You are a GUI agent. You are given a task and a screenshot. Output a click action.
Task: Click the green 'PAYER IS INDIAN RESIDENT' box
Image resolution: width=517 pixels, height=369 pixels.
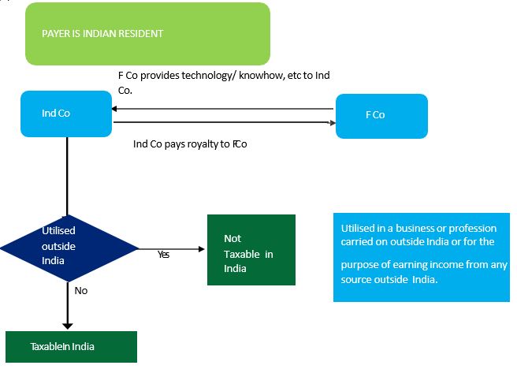click(x=147, y=34)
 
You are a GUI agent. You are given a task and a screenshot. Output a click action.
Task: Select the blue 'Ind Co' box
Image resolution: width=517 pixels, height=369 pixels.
click(x=65, y=114)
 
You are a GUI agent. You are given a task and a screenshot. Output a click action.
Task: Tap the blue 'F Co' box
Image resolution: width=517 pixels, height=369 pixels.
click(x=381, y=115)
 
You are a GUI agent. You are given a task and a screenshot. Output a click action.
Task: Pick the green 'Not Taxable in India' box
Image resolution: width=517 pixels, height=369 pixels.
click(x=250, y=250)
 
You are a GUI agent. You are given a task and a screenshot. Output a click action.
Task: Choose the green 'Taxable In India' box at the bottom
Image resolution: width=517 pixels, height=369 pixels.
click(x=71, y=346)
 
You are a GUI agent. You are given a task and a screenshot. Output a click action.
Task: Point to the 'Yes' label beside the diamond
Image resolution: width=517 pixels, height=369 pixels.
click(x=163, y=255)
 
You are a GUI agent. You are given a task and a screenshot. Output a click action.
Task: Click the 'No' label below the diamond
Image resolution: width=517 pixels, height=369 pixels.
click(x=80, y=290)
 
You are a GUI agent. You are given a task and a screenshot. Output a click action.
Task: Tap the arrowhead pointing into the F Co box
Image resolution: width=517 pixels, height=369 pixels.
click(x=331, y=122)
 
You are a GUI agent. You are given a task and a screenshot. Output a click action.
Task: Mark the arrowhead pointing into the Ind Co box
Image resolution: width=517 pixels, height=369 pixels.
click(x=115, y=110)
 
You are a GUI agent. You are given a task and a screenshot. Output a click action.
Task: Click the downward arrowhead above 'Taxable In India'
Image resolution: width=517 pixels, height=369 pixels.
click(x=67, y=324)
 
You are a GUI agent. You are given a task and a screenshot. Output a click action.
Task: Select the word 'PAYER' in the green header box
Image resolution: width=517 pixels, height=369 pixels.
click(x=56, y=34)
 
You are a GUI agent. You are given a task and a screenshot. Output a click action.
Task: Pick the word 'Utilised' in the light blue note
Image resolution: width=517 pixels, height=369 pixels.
click(x=359, y=229)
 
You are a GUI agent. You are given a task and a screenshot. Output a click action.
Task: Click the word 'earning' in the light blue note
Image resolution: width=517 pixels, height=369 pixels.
click(x=402, y=265)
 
